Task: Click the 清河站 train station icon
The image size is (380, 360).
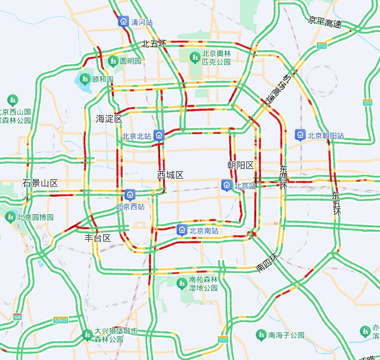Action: [x=124, y=22]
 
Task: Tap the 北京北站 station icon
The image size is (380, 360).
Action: [x=159, y=136]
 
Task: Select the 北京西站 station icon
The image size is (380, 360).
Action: [x=130, y=195]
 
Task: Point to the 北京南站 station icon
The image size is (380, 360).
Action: [x=182, y=230]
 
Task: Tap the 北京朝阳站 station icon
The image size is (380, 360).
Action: [x=300, y=135]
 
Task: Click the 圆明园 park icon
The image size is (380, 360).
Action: [x=113, y=61]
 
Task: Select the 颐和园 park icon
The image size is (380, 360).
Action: [x=85, y=78]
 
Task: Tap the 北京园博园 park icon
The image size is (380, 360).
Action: [x=10, y=217]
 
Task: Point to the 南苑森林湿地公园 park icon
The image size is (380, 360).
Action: [x=182, y=283]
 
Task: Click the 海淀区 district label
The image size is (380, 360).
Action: [x=109, y=119]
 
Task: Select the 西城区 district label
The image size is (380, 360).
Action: [x=170, y=175]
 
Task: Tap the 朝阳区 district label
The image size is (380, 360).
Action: [x=241, y=165]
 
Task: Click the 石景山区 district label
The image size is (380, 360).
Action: [x=40, y=183]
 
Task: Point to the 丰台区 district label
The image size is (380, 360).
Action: [x=98, y=238]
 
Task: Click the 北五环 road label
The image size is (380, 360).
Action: [x=154, y=44]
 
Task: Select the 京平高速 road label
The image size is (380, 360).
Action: [x=325, y=22]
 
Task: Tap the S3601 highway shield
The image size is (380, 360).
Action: [x=61, y=320]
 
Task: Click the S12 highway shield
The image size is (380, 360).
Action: [x=322, y=45]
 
